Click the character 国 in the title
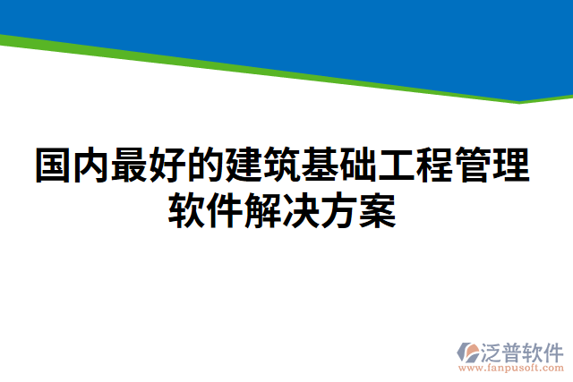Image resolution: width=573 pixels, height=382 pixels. (x=54, y=166)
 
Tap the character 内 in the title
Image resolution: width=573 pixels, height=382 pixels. (x=92, y=166)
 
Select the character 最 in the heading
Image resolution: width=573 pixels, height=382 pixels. (x=131, y=166)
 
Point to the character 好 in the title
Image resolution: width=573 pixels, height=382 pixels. (x=169, y=166)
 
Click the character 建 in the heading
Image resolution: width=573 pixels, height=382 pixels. (x=246, y=166)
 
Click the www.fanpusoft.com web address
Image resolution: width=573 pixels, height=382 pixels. (x=510, y=367)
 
